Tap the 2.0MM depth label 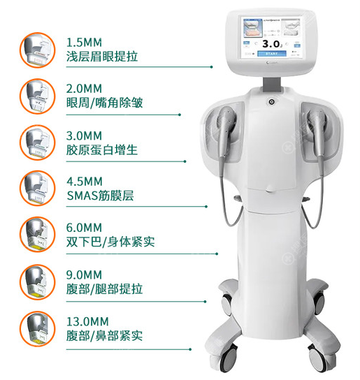tap(83, 88)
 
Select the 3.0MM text tap(83, 135)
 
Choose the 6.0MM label tap(83, 228)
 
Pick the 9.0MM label tap(83, 275)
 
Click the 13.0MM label tap(86, 321)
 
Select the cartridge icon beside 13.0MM tap(34, 328)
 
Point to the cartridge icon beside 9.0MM tap(34, 281)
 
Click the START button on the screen tap(271, 52)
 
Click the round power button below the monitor tap(271, 101)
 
